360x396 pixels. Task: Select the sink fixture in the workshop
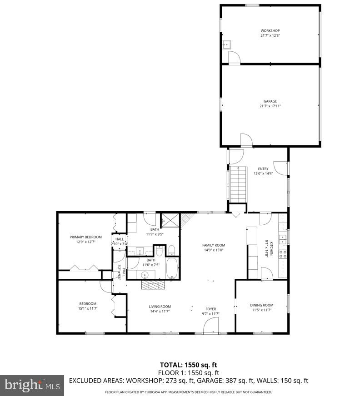[x=227, y=45]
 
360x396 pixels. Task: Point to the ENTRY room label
[x=263, y=169]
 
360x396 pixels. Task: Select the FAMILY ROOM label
[x=214, y=245]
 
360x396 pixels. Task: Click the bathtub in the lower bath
[x=173, y=268]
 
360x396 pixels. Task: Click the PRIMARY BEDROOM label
[x=85, y=237]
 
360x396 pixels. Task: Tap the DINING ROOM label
[x=261, y=305]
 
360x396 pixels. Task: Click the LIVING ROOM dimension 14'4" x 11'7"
[x=160, y=311]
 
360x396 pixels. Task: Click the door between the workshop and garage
[x=234, y=58]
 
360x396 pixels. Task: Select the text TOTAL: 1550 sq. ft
[x=188, y=365]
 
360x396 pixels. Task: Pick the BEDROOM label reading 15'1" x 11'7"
[x=88, y=306]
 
